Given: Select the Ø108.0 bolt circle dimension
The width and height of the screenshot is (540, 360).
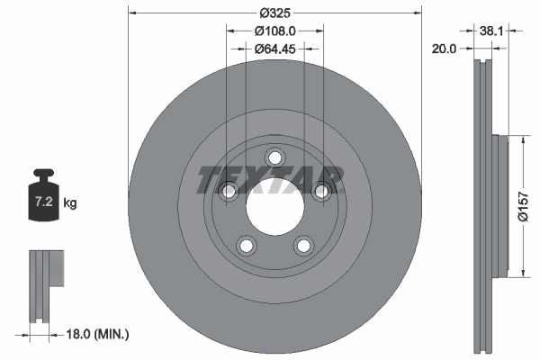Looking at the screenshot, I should pyautogui.click(x=274, y=32).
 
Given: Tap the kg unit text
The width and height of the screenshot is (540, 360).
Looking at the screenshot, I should pyautogui.click(x=71, y=204).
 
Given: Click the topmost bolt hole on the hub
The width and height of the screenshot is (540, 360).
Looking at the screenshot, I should pyautogui.click(x=274, y=157).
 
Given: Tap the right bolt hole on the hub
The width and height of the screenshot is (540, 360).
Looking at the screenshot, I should pyautogui.click(x=320, y=190).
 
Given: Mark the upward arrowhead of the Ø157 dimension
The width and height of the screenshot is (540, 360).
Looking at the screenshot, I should pyautogui.click(x=521, y=139).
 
